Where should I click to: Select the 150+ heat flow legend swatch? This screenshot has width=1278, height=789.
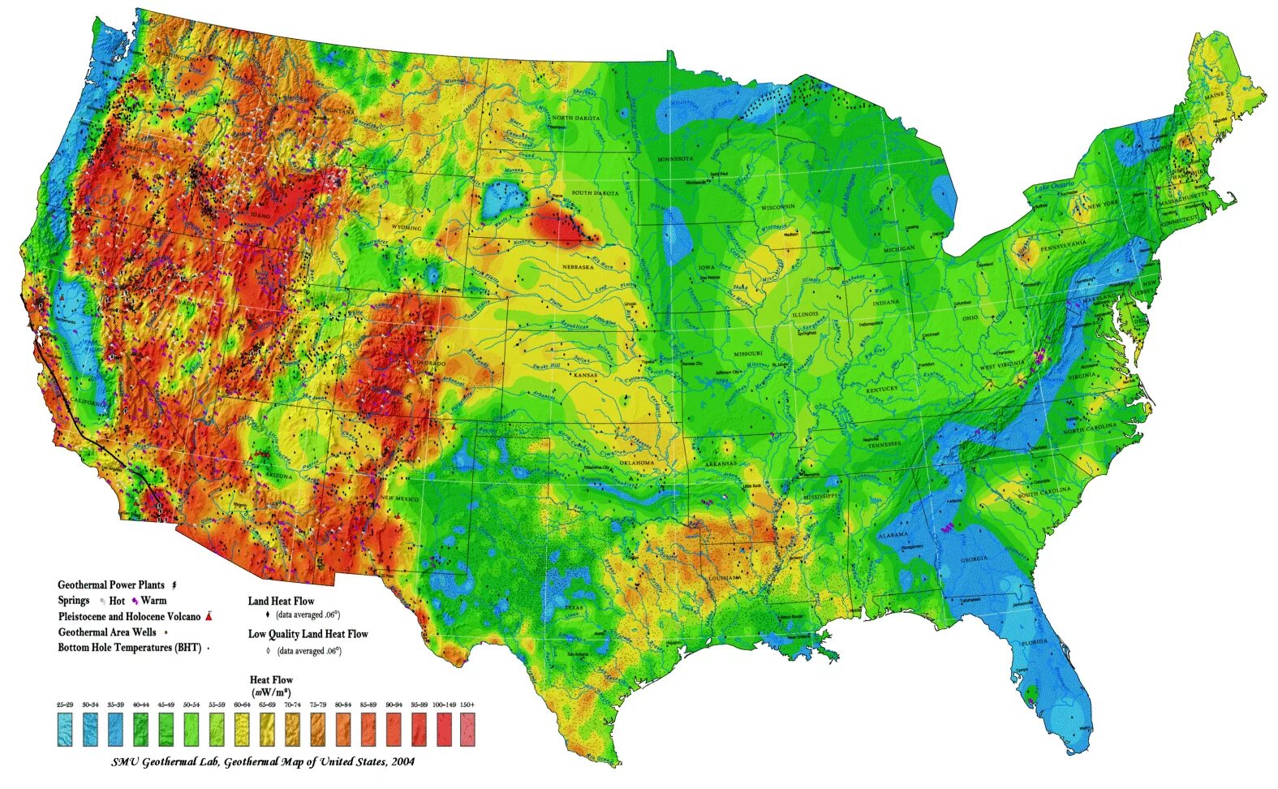point(467,728)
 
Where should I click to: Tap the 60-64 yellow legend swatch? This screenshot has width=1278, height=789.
point(242,728)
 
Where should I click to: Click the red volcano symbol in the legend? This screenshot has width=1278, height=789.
point(210,616)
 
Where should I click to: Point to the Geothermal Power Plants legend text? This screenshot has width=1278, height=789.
point(111,585)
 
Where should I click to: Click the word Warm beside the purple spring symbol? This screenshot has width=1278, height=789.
point(153,601)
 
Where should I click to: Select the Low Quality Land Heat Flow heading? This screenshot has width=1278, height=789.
point(308,634)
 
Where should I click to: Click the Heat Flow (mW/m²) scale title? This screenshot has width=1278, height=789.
point(271,686)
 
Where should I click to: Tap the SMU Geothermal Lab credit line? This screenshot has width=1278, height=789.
point(263,761)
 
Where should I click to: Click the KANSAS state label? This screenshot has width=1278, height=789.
point(586,376)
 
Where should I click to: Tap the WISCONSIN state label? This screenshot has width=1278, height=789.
point(777,207)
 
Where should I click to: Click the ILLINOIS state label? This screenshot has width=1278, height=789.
point(805,313)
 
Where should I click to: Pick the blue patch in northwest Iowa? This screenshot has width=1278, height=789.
point(677,239)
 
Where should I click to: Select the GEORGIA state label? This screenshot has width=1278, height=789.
point(974,558)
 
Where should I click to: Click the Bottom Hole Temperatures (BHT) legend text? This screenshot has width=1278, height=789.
point(129,648)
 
